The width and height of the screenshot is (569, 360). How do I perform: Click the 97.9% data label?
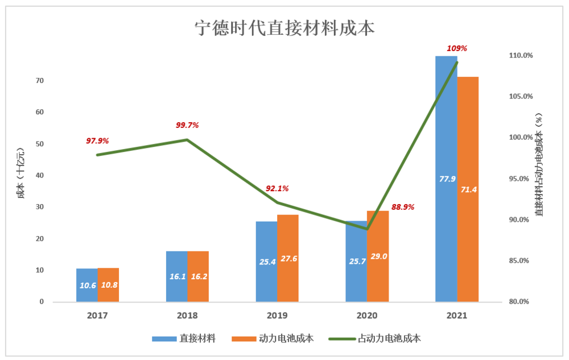coord(97,140)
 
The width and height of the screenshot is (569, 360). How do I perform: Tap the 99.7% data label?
coord(187,125)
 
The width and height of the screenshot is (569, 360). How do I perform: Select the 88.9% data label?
coord(402,207)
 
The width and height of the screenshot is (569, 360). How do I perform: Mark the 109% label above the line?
coord(457,48)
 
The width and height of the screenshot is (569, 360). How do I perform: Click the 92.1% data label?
coord(277,188)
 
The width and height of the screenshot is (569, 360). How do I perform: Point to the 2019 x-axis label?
coord(277,315)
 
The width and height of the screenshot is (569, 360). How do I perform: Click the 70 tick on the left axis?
coord(39,81)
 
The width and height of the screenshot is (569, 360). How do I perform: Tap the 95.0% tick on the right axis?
coord(521,179)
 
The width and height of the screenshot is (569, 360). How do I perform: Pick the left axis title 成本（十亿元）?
coord(20,173)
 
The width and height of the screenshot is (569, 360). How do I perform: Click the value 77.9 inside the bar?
coord(447,179)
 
